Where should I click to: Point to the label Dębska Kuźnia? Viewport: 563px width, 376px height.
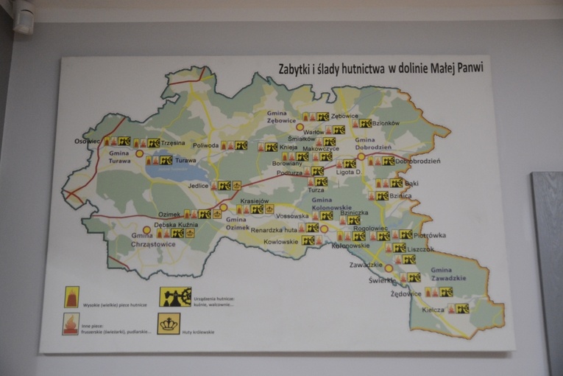click(x=175, y=224)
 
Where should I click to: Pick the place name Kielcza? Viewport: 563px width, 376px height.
click(x=433, y=310)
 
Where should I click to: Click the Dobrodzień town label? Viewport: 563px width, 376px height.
click(x=417, y=161)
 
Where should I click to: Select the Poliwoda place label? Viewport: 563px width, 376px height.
click(x=206, y=145)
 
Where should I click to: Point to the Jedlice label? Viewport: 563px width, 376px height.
click(x=198, y=186)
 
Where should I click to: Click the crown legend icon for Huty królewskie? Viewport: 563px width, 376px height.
click(x=169, y=324)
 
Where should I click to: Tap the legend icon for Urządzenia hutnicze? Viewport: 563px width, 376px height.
click(x=175, y=296)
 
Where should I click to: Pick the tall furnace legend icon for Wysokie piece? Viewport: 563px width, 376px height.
click(x=71, y=296)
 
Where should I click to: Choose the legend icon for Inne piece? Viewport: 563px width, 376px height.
click(x=71, y=324)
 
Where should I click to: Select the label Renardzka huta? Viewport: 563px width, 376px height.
click(x=274, y=230)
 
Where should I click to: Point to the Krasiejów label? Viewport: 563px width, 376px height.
click(x=254, y=201)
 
